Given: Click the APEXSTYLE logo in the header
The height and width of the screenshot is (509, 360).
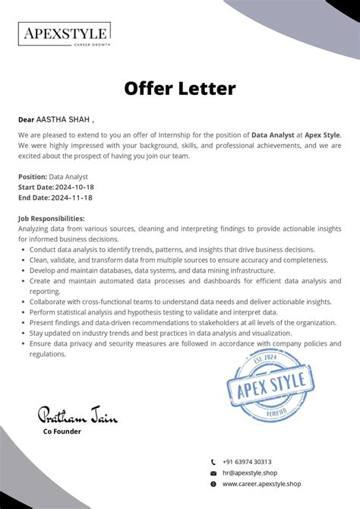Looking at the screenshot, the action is (x=64, y=34).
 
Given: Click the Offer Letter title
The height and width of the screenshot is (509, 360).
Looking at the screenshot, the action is (x=180, y=89).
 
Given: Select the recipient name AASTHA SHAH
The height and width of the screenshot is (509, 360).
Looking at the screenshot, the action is (x=63, y=119).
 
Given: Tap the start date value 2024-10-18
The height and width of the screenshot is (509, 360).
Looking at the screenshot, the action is (x=74, y=187).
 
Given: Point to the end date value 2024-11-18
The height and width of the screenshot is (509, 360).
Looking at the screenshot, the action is (x=71, y=198).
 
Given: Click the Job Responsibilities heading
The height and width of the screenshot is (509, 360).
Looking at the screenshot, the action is (x=51, y=218).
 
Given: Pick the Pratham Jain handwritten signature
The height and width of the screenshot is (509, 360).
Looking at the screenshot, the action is (x=72, y=414).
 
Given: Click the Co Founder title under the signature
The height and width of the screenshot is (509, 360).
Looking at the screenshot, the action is (x=62, y=432).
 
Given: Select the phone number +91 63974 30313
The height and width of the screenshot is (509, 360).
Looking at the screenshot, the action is (x=247, y=461).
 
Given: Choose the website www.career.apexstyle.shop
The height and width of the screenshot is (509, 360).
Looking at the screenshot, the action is (x=261, y=483).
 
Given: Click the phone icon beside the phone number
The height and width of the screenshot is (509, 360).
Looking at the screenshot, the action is (x=213, y=462).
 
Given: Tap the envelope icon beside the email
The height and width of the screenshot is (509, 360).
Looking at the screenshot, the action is (x=213, y=473).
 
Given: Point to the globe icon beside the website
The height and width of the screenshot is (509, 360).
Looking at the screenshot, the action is (x=213, y=484).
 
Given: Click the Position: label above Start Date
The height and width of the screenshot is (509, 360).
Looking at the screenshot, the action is (x=33, y=176).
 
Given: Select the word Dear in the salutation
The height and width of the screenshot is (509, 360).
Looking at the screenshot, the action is (x=27, y=119).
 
